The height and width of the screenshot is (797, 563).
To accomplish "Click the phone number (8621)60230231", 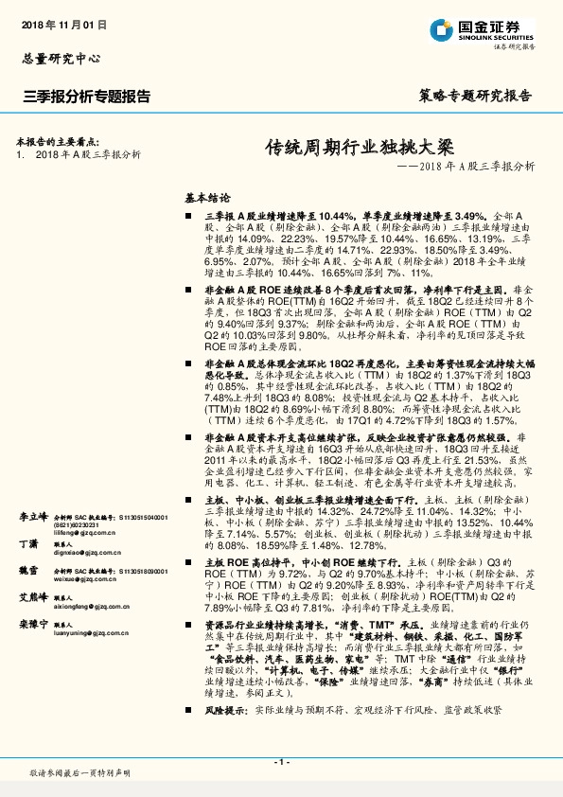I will pos(89,526).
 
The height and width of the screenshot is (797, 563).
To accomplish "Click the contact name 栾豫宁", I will pos(32,626).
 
